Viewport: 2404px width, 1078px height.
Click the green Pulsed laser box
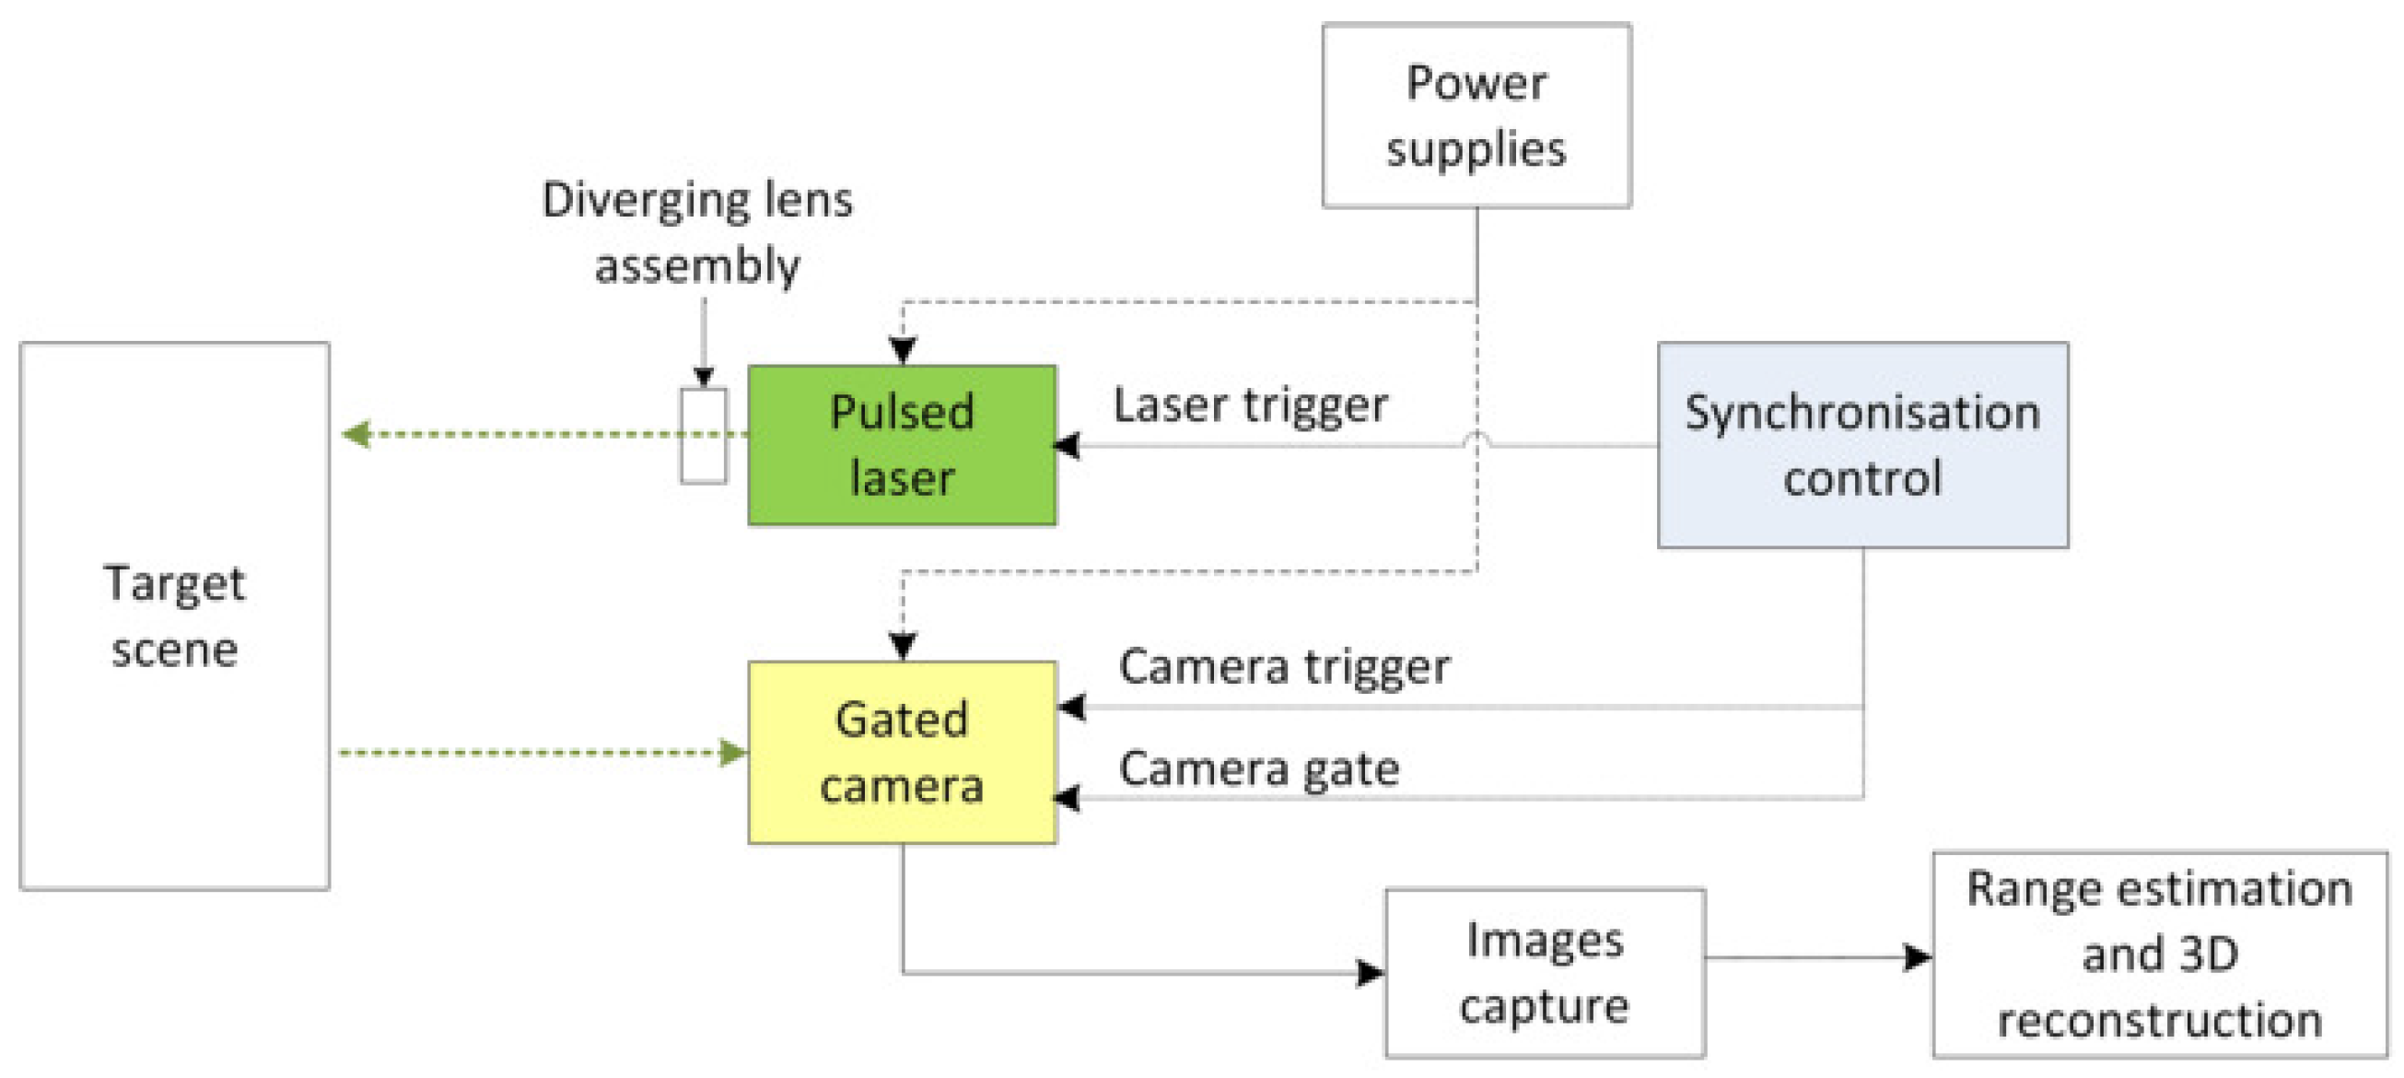[902, 445]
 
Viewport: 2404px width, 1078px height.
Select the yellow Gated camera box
[902, 752]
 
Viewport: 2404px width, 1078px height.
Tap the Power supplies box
[1476, 116]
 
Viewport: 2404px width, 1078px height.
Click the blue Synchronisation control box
[1861, 445]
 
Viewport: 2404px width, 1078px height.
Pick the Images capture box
[1545, 972]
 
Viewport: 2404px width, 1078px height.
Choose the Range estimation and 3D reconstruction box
[2159, 954]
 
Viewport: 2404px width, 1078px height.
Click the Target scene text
[174, 616]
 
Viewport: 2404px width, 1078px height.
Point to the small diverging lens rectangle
[703, 436]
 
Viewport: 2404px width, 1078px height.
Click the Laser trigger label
[1250, 406]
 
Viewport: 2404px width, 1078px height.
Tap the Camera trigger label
[1283, 666]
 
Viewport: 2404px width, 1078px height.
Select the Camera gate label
[1258, 769]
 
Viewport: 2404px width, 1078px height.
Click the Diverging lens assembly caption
[697, 232]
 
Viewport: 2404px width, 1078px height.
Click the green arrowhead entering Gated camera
[733, 752]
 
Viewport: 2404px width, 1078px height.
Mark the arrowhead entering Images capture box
[1370, 973]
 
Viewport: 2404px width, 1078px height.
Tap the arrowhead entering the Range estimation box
[1917, 956]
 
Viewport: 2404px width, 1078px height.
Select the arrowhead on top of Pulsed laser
[903, 351]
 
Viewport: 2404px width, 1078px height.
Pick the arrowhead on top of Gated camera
[903, 646]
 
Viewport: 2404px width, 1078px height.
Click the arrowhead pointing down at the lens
[704, 377]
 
